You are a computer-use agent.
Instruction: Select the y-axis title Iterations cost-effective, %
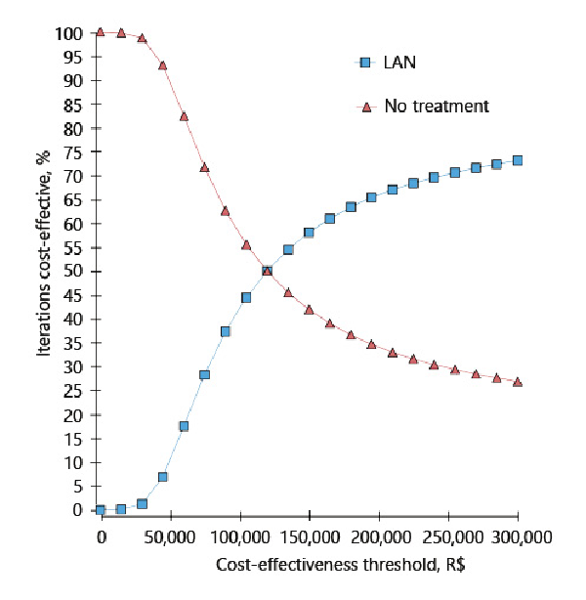pyautogui.click(x=45, y=272)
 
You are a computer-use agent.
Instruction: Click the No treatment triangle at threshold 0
pyautogui.click(x=101, y=32)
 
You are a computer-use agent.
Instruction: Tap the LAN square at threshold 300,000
pyautogui.click(x=518, y=160)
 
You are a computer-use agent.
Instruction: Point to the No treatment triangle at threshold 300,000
pyautogui.click(x=518, y=381)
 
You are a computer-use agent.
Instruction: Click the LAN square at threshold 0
pyautogui.click(x=101, y=510)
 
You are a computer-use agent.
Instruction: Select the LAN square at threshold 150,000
pyautogui.click(x=309, y=233)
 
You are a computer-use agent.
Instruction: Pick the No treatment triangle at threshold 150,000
pyautogui.click(x=309, y=310)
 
